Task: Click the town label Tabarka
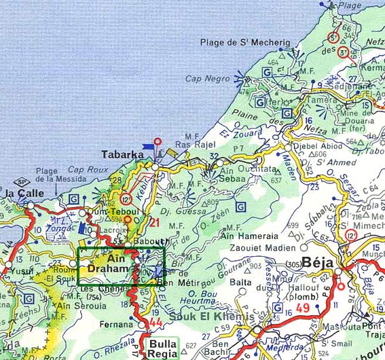click(122, 154)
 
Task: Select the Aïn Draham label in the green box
click(107, 264)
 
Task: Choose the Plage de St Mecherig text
click(244, 43)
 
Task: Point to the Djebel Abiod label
click(314, 145)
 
